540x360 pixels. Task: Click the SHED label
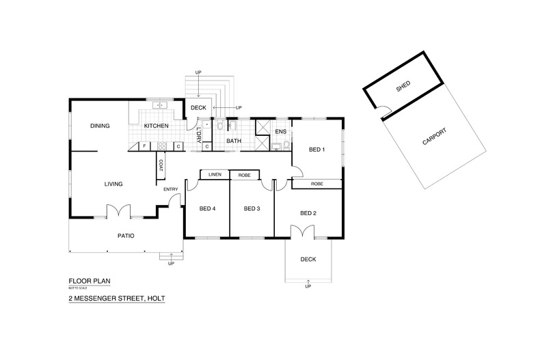coord(403,86)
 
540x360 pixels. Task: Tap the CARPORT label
coord(434,137)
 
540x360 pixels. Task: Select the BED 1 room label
coord(317,150)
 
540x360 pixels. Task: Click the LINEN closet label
coord(215,174)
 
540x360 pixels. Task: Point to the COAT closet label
coord(161,165)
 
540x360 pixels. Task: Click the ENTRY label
coord(171,189)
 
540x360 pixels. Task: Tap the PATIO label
coord(126,236)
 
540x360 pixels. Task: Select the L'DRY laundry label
coord(199,135)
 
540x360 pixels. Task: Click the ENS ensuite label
coord(281,131)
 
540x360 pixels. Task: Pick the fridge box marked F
coord(144,146)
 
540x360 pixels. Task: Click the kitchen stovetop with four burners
coord(162,146)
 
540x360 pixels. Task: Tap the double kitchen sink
coord(159,105)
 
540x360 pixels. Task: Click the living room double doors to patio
coord(118,210)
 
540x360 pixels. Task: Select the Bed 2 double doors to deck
coord(302,232)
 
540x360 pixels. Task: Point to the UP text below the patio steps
coord(171,264)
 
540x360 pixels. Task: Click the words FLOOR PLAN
coord(90,281)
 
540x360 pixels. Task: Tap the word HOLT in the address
coord(156,299)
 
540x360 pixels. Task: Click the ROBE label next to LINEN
coord(245,175)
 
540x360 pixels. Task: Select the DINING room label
coord(100,126)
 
